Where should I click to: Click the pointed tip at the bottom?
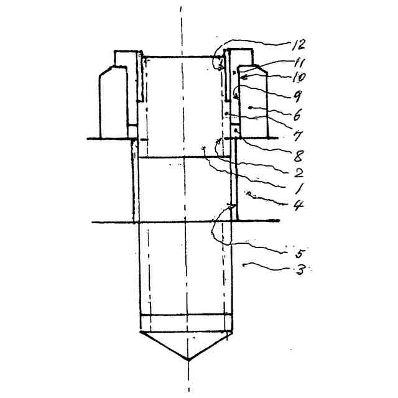pos(188,359)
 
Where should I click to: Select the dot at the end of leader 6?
pos(251,107)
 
